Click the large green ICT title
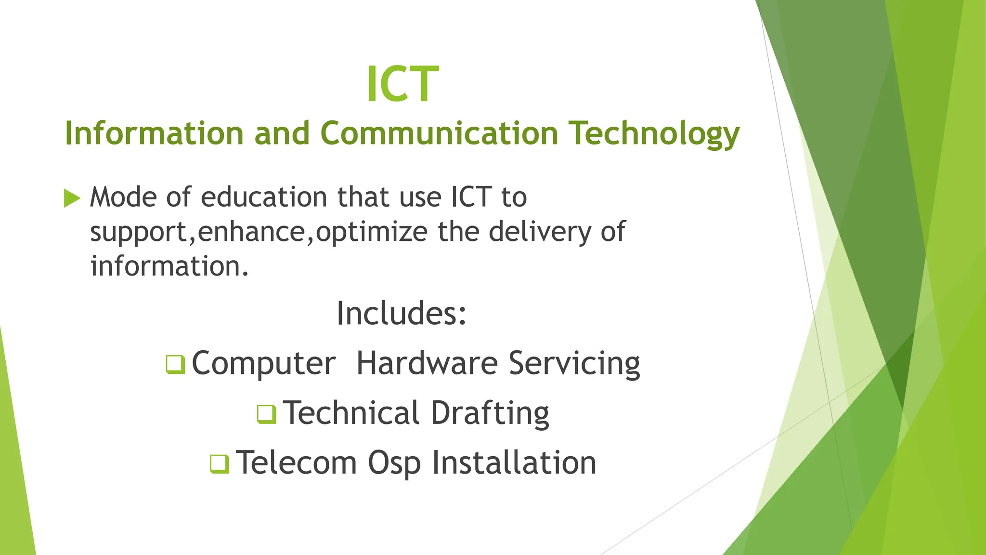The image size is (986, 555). tap(402, 84)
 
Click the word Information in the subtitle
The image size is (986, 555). tap(154, 133)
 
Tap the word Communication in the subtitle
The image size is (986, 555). tap(439, 133)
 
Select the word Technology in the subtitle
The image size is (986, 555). tap(654, 134)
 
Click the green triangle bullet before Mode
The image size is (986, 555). tap(72, 198)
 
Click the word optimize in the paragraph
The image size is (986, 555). tap(371, 232)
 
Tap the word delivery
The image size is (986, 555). tap(539, 232)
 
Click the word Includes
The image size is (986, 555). tap(401, 313)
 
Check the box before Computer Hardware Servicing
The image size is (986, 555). tap(175, 364)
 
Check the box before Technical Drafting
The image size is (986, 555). tap(266, 414)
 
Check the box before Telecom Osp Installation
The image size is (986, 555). tap(220, 463)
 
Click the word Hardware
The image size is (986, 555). tap(427, 363)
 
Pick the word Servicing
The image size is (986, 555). tap(574, 364)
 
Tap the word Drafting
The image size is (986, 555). tap(490, 413)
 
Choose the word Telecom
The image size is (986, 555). tap(296, 463)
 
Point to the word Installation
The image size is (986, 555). tap(514, 463)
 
